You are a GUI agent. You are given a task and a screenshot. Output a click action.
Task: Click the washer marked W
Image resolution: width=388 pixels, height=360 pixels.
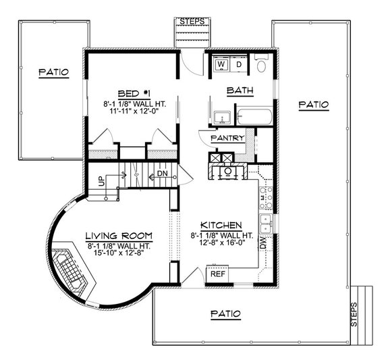(x=221, y=65)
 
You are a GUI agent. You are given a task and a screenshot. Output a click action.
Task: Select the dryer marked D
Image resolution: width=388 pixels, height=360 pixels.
(x=240, y=65)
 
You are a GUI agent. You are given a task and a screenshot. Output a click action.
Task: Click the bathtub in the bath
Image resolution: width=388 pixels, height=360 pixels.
(x=255, y=117)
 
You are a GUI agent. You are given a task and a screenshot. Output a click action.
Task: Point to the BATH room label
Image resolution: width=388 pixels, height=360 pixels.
(x=240, y=89)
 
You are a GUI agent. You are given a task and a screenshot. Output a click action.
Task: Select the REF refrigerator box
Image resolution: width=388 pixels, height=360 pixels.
(x=217, y=275)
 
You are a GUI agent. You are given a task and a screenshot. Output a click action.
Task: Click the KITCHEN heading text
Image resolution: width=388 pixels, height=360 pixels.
(x=221, y=224)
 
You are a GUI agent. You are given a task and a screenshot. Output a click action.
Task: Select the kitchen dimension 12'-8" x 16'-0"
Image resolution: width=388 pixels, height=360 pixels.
(x=221, y=244)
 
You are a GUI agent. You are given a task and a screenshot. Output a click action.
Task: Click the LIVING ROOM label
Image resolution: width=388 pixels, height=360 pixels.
(x=118, y=235)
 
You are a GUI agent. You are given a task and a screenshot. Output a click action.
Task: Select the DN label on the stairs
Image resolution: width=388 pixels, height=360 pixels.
(x=162, y=174)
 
